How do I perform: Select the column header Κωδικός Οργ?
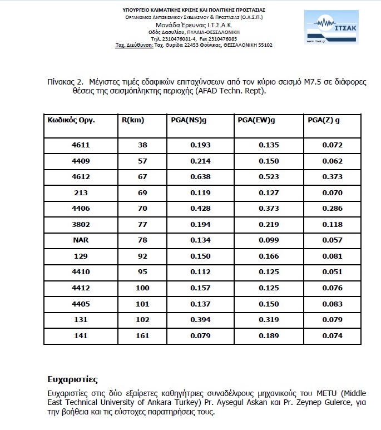point(68,120)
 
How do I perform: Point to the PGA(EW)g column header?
point(256,120)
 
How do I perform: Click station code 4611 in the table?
point(81,145)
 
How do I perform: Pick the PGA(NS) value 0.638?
point(200,176)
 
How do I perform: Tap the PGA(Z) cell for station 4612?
point(333,176)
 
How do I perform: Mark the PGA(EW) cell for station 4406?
point(269,208)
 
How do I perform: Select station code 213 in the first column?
point(81,192)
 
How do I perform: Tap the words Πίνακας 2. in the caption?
point(67,82)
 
